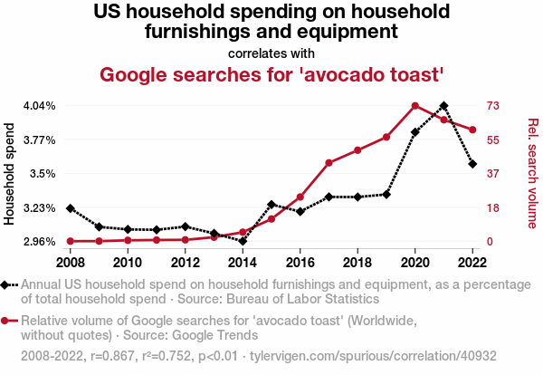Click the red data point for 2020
point(414,106)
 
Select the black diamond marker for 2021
point(443,106)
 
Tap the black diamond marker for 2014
point(243,241)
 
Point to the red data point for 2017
point(329,163)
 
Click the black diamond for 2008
point(71,208)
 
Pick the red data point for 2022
point(472,130)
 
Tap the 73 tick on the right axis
point(493,106)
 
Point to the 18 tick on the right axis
point(493,207)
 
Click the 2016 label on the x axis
point(300,262)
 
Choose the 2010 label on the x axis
point(128,262)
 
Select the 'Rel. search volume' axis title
point(532,174)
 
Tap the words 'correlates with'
point(271,53)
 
